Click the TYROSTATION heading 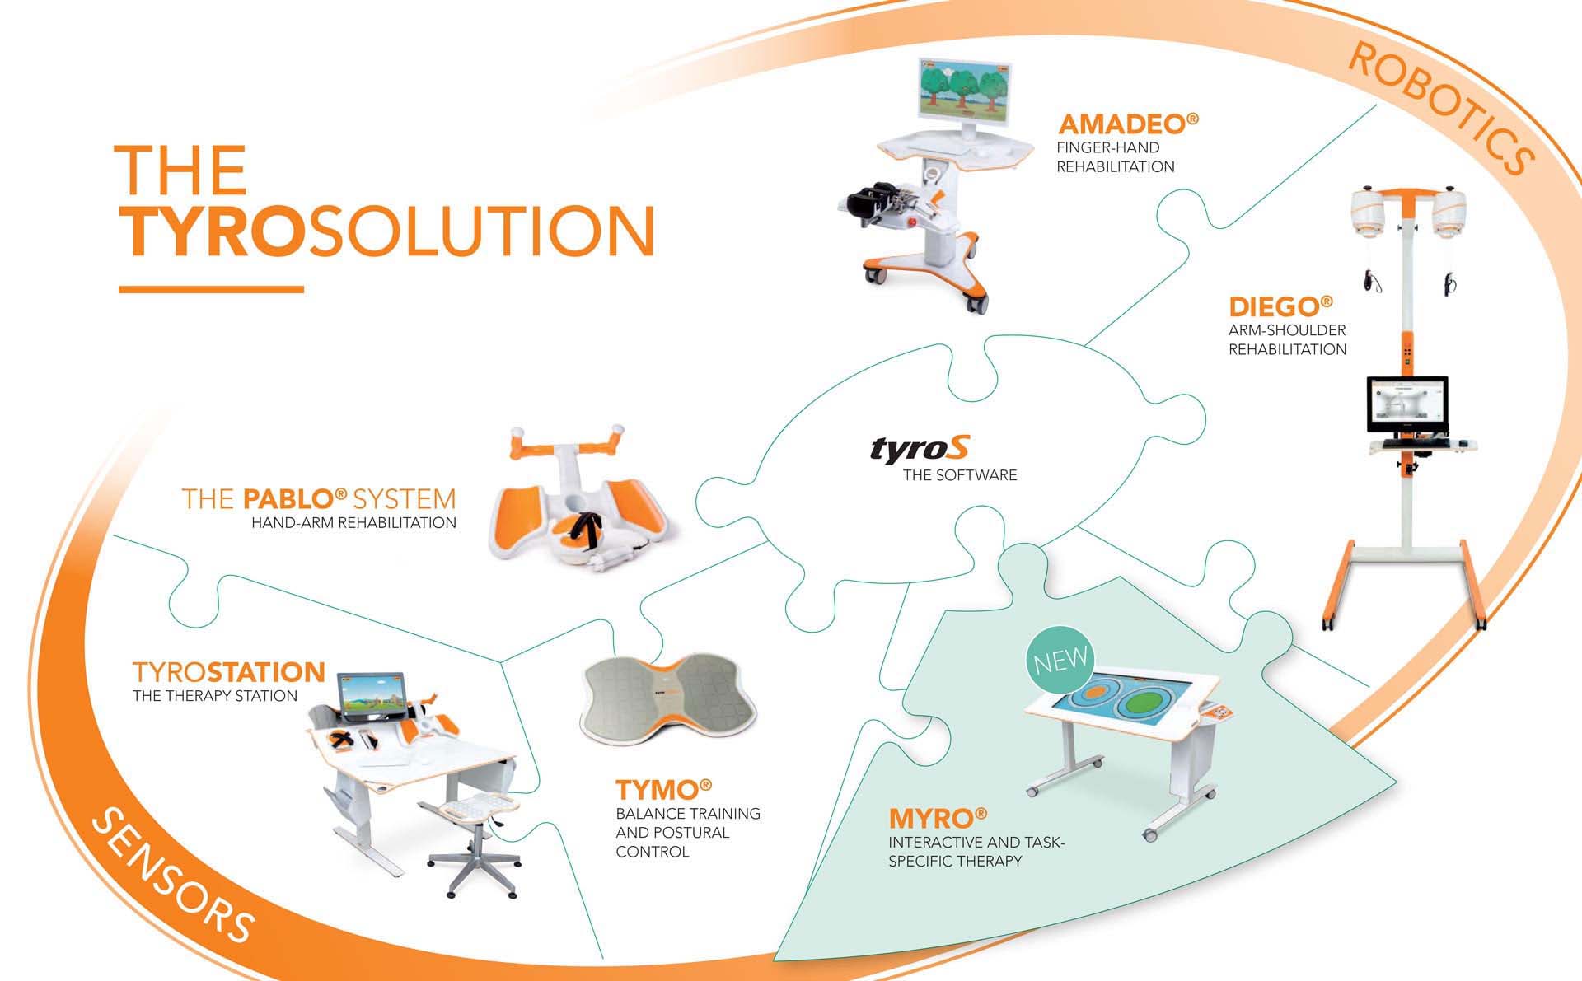(x=229, y=672)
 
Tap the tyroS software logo (x=920, y=449)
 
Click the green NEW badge (x=1061, y=660)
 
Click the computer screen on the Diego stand (x=1407, y=404)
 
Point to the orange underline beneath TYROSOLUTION (x=211, y=289)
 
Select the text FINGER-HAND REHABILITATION (x=1116, y=156)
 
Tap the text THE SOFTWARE (x=960, y=475)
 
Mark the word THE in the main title (x=180, y=170)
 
